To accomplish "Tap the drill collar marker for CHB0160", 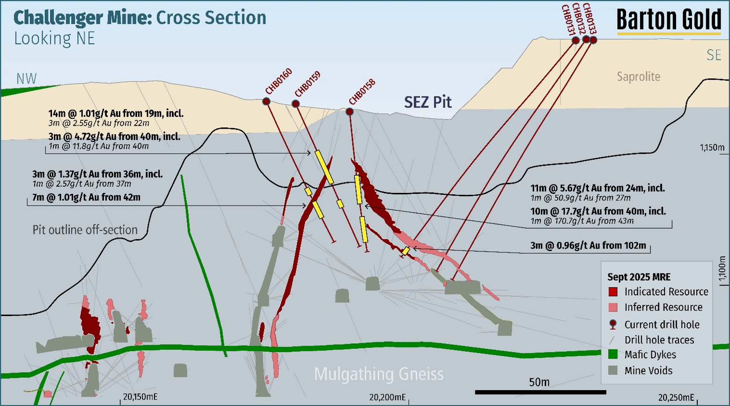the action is click(266, 101).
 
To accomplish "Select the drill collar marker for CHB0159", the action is click(295, 104).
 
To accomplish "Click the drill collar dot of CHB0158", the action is click(349, 112).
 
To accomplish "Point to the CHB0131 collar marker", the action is click(575, 40).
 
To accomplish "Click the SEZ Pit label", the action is click(428, 102).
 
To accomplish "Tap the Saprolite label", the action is click(638, 77).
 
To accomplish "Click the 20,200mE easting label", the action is click(388, 397).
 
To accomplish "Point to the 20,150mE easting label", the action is click(140, 397).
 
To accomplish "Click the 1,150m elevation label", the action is click(712, 148).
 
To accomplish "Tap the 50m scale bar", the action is click(540, 392).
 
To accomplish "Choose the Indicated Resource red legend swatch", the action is click(613, 292).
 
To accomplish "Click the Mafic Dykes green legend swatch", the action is click(613, 354).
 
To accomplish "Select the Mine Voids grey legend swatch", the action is click(613, 370).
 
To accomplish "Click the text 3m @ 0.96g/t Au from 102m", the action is click(588, 245).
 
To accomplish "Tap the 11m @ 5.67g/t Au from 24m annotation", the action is click(597, 188).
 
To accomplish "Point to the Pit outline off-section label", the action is click(85, 230).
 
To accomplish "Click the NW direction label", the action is click(27, 79).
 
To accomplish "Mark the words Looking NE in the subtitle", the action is click(54, 38).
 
